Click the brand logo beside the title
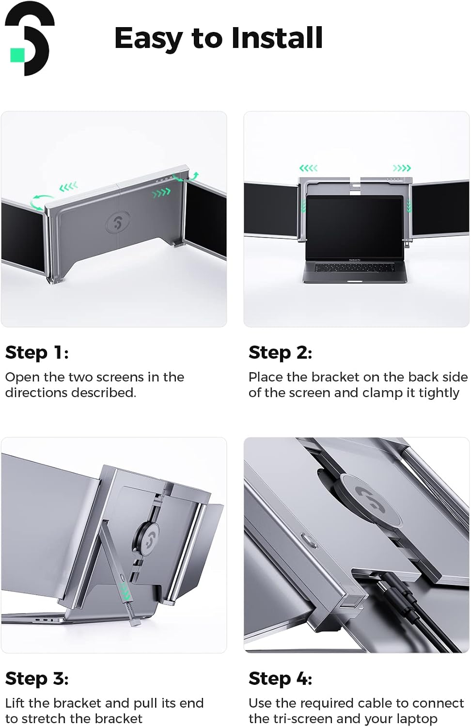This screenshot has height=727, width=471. [30, 39]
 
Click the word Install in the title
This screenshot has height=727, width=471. [277, 38]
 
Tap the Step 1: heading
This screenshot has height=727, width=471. [37, 352]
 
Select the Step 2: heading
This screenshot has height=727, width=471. [280, 352]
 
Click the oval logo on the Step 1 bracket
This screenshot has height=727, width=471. [118, 221]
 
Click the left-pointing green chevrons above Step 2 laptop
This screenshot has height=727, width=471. [308, 168]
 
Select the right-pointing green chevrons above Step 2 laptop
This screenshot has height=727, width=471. [402, 168]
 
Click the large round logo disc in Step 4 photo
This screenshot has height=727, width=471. [372, 498]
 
